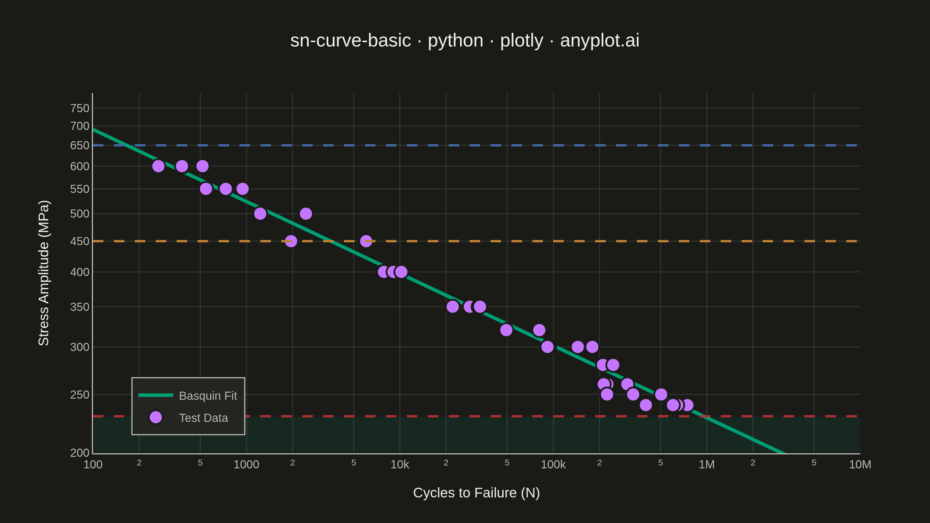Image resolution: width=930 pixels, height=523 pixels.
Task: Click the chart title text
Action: (465, 40)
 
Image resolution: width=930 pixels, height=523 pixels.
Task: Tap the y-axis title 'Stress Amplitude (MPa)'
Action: (44, 273)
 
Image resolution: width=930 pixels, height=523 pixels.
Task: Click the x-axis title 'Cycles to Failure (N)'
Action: (476, 493)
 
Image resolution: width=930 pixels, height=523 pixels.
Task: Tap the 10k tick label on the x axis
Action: (400, 465)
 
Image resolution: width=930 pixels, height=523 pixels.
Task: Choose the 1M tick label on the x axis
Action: (707, 465)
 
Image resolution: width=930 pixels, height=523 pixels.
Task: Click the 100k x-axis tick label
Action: (553, 465)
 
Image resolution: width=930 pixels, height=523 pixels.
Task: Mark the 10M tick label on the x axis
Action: (860, 465)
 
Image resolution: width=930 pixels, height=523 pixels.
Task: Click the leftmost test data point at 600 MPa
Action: (158, 166)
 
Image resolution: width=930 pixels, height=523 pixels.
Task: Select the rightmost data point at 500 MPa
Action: (306, 214)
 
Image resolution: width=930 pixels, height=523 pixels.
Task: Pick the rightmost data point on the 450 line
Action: (366, 241)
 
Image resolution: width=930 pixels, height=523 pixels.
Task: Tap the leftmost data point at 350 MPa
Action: (453, 307)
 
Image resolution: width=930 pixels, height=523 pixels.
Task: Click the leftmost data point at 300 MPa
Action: (547, 347)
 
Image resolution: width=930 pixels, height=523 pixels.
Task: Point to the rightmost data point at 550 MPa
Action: (243, 189)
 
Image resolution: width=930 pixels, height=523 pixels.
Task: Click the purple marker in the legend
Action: (155, 417)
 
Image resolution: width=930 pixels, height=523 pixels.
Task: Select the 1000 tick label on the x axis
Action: (246, 465)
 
